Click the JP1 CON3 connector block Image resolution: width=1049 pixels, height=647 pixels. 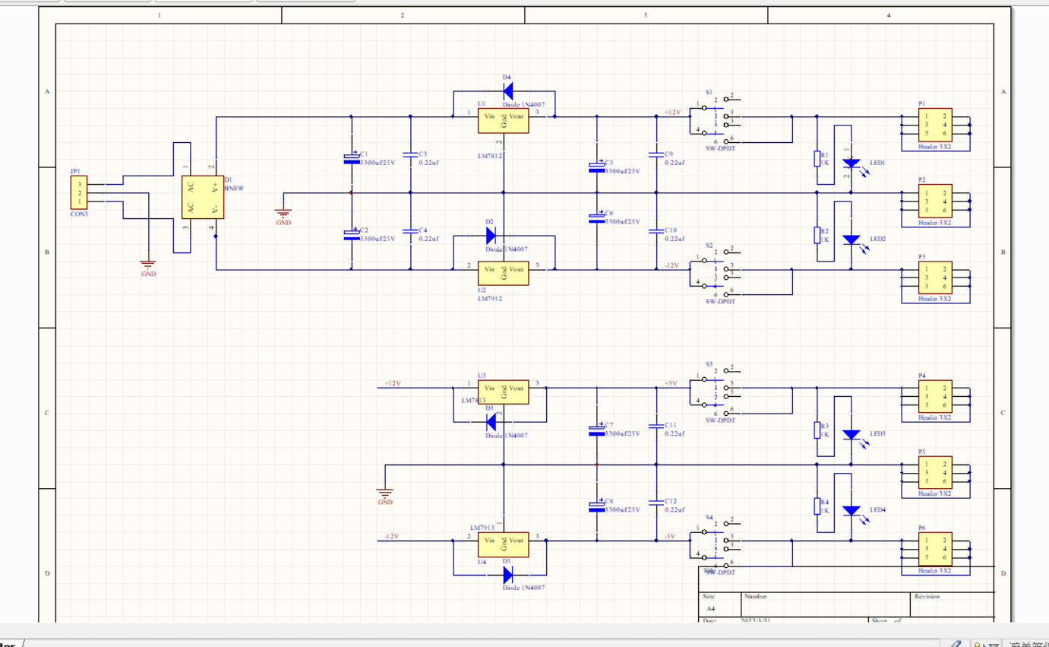(79, 192)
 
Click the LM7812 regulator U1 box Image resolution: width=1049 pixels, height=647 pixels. (503, 121)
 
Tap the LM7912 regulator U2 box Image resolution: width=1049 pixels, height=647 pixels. (503, 273)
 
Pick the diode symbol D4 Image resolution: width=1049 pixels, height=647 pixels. (508, 90)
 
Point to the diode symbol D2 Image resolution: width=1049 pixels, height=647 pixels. (490, 235)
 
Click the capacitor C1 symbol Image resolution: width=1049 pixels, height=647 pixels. (351, 158)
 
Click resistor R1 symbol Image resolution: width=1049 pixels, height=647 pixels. (817, 158)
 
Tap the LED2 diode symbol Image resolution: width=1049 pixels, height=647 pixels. (852, 239)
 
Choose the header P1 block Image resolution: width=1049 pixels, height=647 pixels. (935, 125)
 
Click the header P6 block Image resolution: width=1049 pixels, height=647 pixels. (935, 548)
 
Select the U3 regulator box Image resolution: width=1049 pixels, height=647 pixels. (503, 392)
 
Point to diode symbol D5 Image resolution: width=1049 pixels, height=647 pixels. (508, 574)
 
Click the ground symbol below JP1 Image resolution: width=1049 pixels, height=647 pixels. (148, 265)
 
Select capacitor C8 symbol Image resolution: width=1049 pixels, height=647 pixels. (597, 505)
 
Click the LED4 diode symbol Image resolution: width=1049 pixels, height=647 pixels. (852, 510)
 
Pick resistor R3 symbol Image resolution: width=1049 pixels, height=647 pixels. (817, 430)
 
